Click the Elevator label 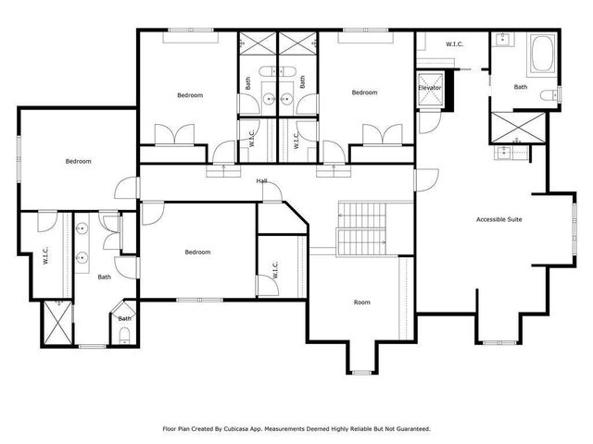pyautogui.click(x=430, y=88)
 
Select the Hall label pyautogui.click(x=262, y=181)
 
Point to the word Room pyautogui.click(x=361, y=302)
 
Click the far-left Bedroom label pyautogui.click(x=78, y=161)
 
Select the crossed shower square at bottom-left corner pyautogui.click(x=57, y=325)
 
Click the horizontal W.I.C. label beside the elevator pyautogui.click(x=454, y=43)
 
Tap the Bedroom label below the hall pyautogui.click(x=197, y=252)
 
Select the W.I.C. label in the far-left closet pyautogui.click(x=44, y=256)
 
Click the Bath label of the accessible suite pyautogui.click(x=521, y=87)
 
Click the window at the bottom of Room pyautogui.click(x=361, y=372)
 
